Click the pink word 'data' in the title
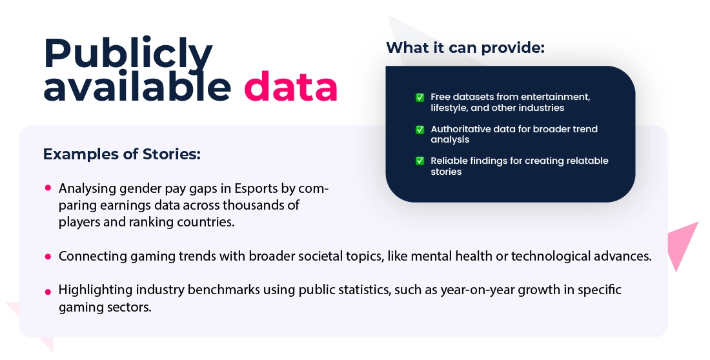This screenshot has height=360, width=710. pos(290,86)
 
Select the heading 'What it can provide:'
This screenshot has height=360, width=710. pos(465,48)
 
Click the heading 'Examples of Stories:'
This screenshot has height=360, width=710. pos(122,154)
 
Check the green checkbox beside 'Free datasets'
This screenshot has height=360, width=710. pos(420,97)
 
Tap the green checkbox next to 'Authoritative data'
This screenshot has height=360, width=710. pos(420,130)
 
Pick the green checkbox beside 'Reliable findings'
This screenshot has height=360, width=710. pos(420,161)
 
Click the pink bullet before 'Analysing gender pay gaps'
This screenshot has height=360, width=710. pos(48,188)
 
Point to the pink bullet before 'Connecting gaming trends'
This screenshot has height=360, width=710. pos(48,257)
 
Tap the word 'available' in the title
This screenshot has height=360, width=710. pos(137,86)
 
